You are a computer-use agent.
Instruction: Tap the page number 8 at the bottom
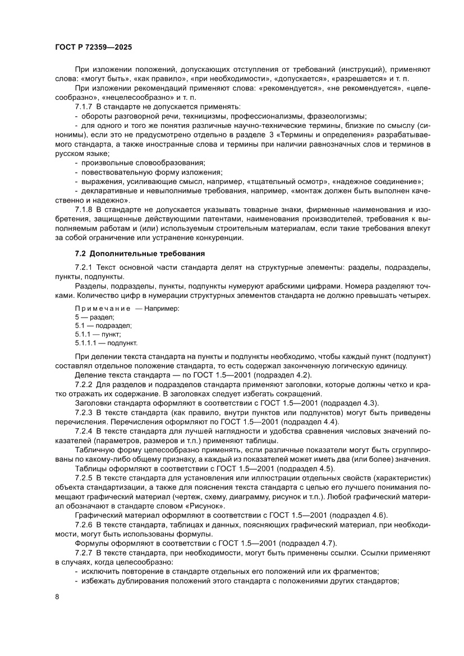(x=57, y=611)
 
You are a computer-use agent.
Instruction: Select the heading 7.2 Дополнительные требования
(x=135, y=254)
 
